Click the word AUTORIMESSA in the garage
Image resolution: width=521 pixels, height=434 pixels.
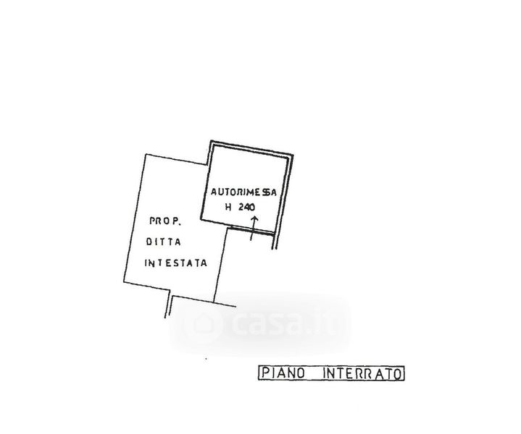coord(243,192)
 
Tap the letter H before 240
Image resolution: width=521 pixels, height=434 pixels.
coord(228,207)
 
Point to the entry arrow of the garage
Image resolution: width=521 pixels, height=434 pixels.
coord(254,229)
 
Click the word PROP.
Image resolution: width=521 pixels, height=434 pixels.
coord(165,221)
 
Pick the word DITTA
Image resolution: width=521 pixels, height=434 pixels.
coord(164,242)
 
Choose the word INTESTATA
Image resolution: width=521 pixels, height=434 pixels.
coord(176,263)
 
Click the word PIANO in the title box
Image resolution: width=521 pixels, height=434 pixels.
coord(283,373)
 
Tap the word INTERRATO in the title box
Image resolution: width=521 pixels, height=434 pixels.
coord(362,373)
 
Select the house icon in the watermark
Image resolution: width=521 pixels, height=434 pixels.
coord(203,323)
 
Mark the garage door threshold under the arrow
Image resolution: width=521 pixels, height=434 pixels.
coord(252,230)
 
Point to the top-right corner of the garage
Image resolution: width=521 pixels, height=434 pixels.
coord(293,155)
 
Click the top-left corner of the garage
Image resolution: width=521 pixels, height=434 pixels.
coord(211,141)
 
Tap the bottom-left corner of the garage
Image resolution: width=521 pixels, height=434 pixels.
coord(201,218)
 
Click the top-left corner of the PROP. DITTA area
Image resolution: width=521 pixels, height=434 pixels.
coord(146,154)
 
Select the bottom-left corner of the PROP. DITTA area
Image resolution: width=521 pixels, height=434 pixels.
coord(124,282)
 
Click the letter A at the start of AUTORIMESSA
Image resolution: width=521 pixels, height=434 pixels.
coord(214,192)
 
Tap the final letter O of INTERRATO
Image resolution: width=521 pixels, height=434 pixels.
coord(398,374)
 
